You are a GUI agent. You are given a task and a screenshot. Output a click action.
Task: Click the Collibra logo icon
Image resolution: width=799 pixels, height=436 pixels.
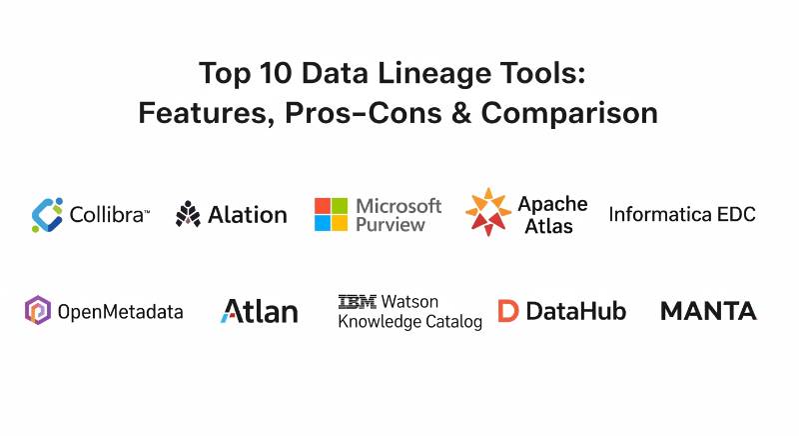[x=47, y=215]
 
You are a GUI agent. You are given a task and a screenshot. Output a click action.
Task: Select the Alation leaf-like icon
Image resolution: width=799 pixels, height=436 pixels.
[x=188, y=214]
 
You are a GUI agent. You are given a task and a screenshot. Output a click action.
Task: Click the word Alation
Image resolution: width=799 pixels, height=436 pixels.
[x=248, y=215]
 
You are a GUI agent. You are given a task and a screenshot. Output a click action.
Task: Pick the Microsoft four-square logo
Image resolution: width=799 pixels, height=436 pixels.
[x=332, y=215]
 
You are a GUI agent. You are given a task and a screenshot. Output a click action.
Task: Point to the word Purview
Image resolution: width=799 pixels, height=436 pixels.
[x=391, y=225]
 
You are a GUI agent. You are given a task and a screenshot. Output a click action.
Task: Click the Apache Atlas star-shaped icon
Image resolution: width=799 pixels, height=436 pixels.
[x=488, y=212]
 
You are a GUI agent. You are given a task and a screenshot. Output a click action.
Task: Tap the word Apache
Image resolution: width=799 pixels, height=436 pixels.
[x=553, y=205]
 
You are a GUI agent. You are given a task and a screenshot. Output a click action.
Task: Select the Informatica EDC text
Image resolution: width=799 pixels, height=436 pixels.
[x=682, y=215]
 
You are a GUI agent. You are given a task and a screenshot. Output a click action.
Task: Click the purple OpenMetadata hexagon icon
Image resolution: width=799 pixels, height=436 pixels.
[x=38, y=310]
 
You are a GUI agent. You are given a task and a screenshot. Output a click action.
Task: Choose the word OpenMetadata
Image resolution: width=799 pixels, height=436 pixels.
[x=120, y=312]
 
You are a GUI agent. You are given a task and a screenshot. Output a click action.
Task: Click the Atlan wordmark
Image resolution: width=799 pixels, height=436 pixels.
[x=260, y=311]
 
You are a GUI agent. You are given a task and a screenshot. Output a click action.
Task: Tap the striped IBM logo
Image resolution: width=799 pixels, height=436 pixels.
[x=358, y=302]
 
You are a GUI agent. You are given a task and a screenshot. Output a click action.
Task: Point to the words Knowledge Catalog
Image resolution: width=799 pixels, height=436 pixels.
[x=410, y=322]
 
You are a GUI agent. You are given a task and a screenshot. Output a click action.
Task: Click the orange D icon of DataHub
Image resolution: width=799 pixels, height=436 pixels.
[x=508, y=311]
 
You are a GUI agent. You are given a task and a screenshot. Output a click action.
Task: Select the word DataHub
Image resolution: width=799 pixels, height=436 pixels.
[x=576, y=311]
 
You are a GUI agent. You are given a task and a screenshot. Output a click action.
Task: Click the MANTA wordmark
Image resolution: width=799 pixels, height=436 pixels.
[x=709, y=311]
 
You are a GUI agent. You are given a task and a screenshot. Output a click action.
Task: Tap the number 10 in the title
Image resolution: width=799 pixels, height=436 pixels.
[x=276, y=73]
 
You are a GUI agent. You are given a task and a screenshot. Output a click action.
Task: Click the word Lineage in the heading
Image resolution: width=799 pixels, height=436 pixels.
[x=433, y=74]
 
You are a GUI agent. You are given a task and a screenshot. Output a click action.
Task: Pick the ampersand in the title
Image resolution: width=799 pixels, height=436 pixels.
[x=461, y=113]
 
